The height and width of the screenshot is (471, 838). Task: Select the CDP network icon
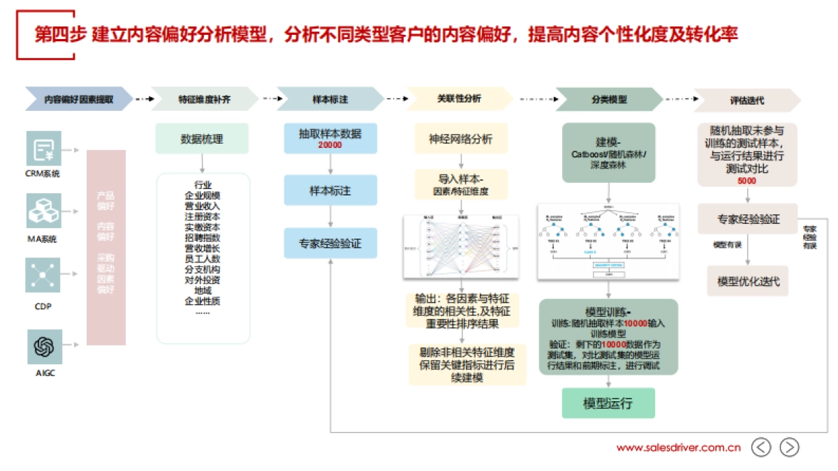pyautogui.click(x=43, y=276)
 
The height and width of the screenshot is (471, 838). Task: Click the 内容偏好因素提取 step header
pyautogui.click(x=78, y=100)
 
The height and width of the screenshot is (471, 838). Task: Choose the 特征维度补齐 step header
pyautogui.click(x=204, y=100)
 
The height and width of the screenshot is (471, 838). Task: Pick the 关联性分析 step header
pyautogui.click(x=459, y=99)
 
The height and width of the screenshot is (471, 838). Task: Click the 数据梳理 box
pyautogui.click(x=202, y=139)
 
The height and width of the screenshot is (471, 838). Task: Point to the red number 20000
pyautogui.click(x=330, y=144)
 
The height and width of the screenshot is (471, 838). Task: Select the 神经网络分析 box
pyautogui.click(x=460, y=139)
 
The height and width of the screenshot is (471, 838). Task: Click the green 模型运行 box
pyautogui.click(x=608, y=403)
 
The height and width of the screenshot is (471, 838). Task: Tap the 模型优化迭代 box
pyautogui.click(x=748, y=282)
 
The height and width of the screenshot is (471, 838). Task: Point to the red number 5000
pyautogui.click(x=747, y=181)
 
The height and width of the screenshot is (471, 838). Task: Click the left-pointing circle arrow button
pyautogui.click(x=761, y=447)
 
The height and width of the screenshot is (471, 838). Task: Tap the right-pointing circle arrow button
pyautogui.click(x=789, y=447)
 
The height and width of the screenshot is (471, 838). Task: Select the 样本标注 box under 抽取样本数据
pyautogui.click(x=330, y=190)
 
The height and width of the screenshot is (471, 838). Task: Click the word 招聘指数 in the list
pyautogui.click(x=203, y=237)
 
